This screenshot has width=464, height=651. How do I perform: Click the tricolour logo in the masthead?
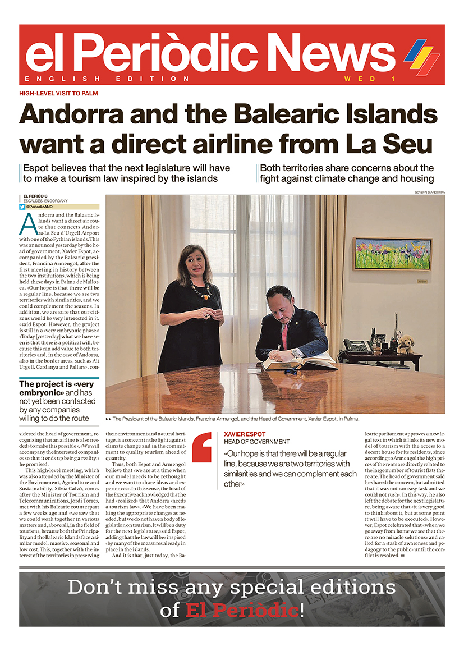pos(421,57)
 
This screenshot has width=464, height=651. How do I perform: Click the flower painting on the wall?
pos(392,253)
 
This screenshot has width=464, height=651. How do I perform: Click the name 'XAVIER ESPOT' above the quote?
pos(245,434)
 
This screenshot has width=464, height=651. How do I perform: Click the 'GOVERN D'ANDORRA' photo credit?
pos(429,192)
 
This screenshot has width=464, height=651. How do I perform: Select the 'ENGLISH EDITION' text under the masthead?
pos(107,79)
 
